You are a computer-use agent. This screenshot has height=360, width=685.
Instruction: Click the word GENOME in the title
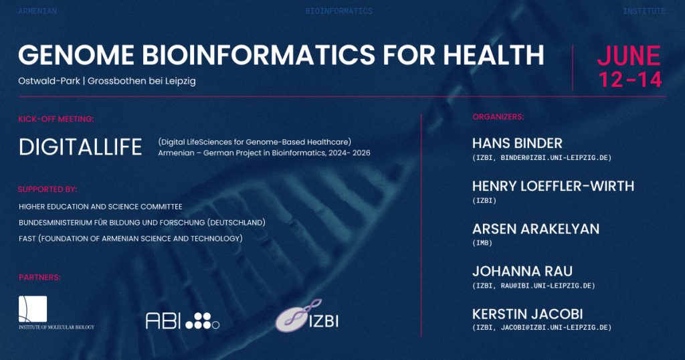pos(76,55)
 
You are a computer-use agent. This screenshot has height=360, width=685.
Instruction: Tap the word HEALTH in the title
pos(493,55)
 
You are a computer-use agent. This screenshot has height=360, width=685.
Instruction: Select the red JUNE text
pos(629,56)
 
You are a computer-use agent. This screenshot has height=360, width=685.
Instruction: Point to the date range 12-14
pos(630,80)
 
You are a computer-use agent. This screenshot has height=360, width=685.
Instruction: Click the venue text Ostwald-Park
pos(49,81)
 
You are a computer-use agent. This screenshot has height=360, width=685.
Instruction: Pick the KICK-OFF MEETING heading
pos(56,119)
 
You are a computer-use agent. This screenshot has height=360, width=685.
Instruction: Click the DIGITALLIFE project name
pos(80,147)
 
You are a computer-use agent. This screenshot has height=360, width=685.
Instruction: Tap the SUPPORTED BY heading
pos(47,189)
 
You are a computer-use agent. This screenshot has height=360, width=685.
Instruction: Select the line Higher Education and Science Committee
pos(100,207)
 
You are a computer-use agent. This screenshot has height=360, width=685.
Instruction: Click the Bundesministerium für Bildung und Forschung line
pos(142,222)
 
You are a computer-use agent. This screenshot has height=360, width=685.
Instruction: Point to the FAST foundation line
pos(130,238)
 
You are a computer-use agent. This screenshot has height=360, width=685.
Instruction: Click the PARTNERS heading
pos(39,278)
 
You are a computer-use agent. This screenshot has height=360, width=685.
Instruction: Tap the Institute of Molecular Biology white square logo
pos(33,309)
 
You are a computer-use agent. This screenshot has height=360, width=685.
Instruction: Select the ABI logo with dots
pos(183,321)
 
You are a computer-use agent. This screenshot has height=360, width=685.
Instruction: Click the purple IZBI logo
pos(306,315)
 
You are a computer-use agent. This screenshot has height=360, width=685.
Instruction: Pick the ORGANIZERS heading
pos(498,117)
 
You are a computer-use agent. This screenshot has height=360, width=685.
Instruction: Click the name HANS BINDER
pos(517,143)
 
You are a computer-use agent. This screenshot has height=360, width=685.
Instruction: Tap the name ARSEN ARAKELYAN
pos(536,229)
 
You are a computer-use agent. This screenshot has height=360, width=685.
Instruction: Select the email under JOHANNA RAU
pos(534,286)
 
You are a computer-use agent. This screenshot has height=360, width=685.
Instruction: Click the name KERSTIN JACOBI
pos(528,314)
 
